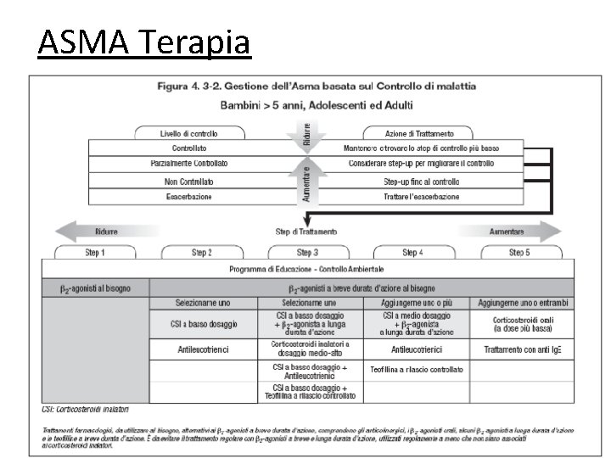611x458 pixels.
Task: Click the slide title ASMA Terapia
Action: click(x=144, y=42)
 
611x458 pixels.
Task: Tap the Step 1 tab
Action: click(x=94, y=252)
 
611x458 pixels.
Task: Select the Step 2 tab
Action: click(x=201, y=252)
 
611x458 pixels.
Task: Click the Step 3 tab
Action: click(x=307, y=252)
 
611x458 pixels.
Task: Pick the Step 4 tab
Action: click(x=412, y=252)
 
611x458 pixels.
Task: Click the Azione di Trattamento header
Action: click(x=419, y=133)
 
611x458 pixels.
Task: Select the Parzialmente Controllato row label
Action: click(x=188, y=163)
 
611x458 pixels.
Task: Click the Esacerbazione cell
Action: click(x=188, y=196)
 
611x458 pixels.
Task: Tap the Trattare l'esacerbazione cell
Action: click(x=421, y=196)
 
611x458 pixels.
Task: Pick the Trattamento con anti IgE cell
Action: click(x=524, y=349)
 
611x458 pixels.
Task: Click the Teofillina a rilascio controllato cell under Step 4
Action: click(x=416, y=370)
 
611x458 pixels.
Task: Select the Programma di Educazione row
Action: click(x=307, y=269)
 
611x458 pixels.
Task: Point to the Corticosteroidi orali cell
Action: click(x=524, y=324)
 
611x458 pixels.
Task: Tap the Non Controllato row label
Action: click(x=188, y=181)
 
